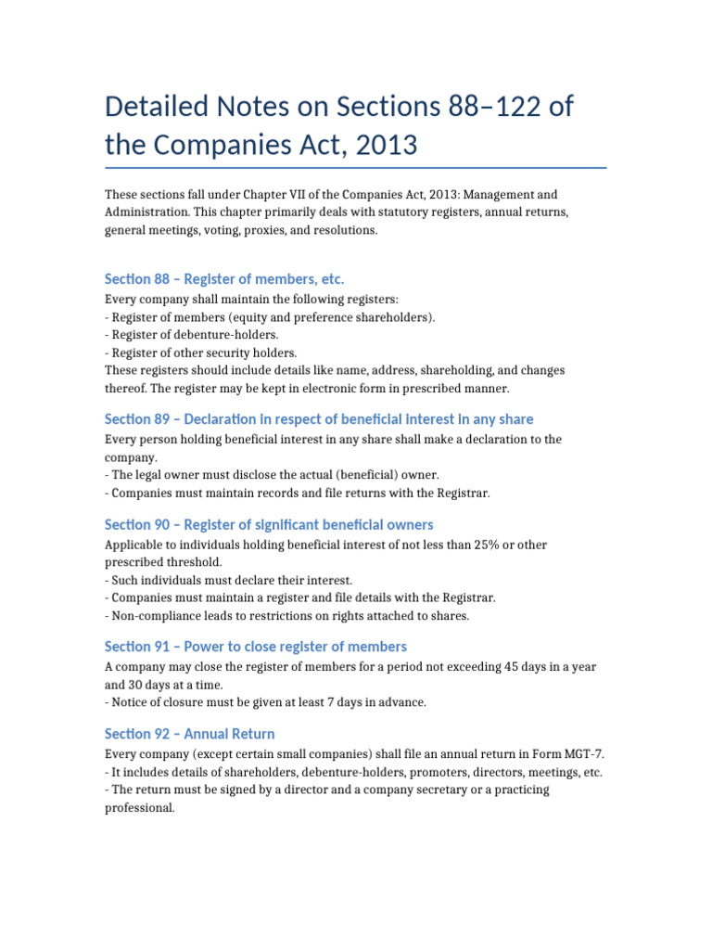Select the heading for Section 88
(224, 278)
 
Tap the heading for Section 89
(319, 419)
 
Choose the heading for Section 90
(269, 524)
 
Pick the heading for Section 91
(256, 646)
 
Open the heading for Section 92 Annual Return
(190, 733)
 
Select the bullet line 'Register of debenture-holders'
(191, 334)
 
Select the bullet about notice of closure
(265, 702)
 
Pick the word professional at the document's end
(139, 807)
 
